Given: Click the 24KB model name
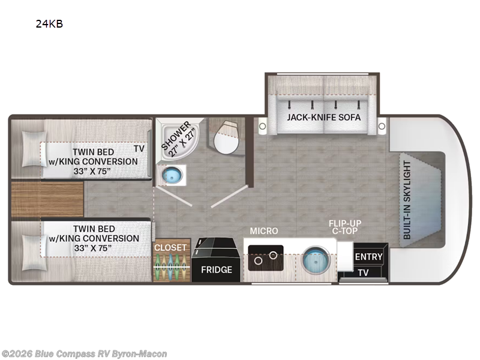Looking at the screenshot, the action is click(x=49, y=24).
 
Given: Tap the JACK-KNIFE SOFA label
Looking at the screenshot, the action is click(x=323, y=117).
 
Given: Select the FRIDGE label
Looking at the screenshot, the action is click(x=217, y=269).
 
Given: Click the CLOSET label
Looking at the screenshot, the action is click(x=170, y=248).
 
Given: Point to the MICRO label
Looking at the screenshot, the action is click(x=264, y=231).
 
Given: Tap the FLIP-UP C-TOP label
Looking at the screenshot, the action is click(x=345, y=227).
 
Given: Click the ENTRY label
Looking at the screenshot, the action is click(x=368, y=257).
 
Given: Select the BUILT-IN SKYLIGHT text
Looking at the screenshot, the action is click(x=407, y=200).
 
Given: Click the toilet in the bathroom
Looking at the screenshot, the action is click(x=226, y=137).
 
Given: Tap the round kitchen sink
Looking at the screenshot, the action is click(x=317, y=260).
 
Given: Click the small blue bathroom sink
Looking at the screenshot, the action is click(x=172, y=175).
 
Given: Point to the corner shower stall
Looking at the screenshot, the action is click(x=178, y=139).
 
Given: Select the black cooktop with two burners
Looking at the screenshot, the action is click(x=266, y=258).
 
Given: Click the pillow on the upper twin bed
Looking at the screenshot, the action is click(x=34, y=149).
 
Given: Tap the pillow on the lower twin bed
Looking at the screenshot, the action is click(x=34, y=253).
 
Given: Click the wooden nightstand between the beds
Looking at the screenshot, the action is click(x=47, y=199).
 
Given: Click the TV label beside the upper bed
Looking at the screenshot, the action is click(x=139, y=149).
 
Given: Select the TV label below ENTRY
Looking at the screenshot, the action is click(x=363, y=272).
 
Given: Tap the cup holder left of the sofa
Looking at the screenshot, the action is click(x=262, y=126).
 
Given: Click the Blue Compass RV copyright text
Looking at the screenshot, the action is click(x=84, y=354).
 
